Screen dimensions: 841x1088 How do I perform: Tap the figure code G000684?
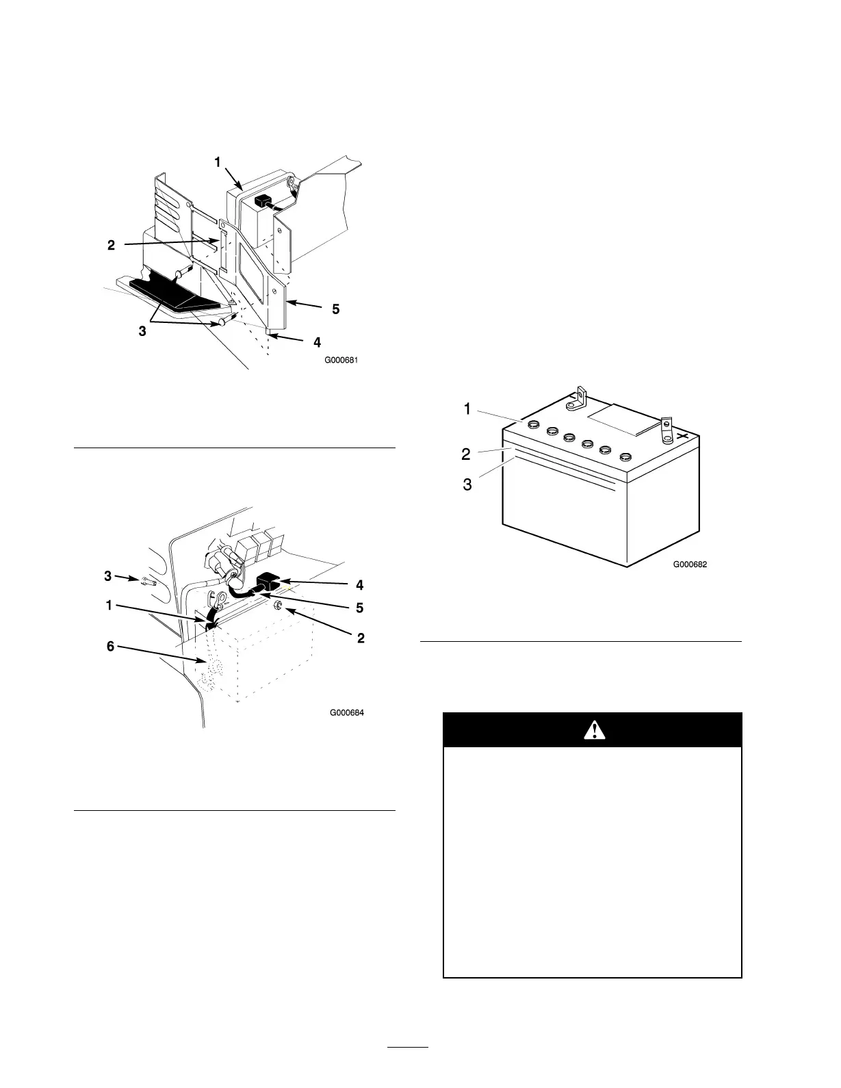346,712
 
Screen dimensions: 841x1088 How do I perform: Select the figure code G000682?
689,565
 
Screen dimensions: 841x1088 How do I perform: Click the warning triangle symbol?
595,730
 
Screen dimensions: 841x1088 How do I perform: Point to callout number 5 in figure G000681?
335,309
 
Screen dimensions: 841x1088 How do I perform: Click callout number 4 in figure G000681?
316,341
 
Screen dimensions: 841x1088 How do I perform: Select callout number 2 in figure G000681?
111,245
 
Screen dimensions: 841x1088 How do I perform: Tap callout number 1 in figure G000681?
218,162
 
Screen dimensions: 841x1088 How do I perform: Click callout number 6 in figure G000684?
110,645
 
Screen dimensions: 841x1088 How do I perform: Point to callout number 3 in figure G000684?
108,575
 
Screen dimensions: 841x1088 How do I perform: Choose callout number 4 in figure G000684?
359,585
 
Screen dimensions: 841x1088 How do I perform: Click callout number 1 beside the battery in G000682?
467,409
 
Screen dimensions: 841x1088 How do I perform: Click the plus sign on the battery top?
682,435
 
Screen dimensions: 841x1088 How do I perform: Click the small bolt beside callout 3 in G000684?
148,583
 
